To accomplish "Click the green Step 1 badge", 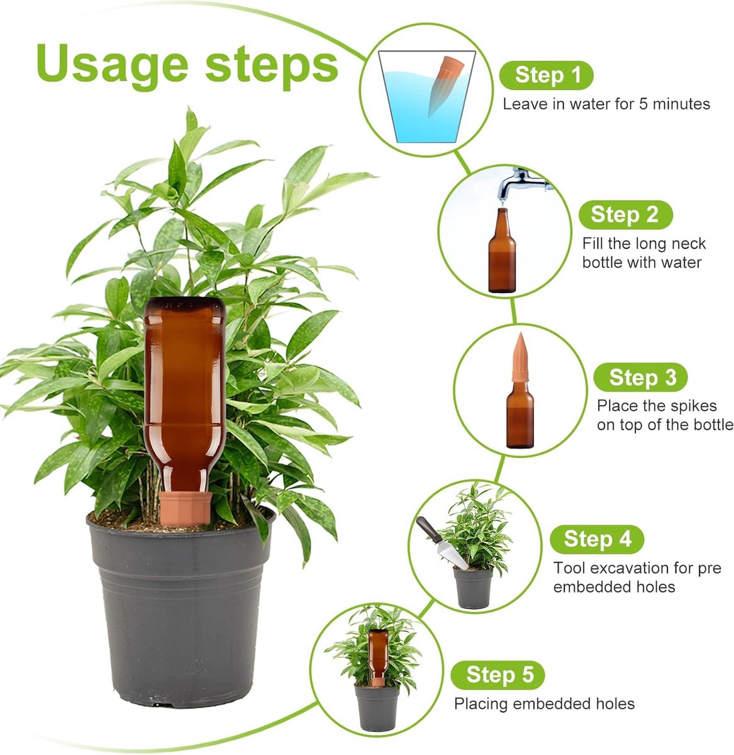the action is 546,75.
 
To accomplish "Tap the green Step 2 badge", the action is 625,215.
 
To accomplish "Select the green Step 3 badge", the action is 640,377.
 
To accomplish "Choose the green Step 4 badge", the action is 597,539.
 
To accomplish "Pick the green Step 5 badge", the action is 498,675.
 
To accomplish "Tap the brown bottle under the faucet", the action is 502,250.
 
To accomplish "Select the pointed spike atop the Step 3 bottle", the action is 521,357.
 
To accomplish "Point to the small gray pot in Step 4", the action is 474,588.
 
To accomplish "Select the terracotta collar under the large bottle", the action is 186,508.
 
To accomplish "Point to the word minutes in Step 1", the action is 681,104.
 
